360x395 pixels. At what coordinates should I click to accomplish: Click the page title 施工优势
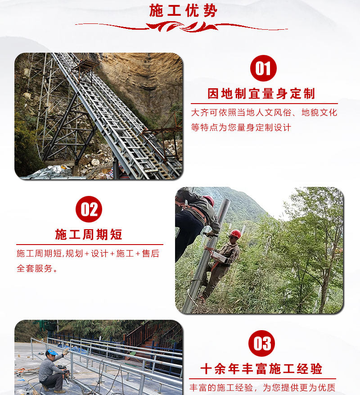point(183,10)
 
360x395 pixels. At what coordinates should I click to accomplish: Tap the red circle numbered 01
point(263,68)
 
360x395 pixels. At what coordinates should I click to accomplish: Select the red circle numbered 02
point(89,209)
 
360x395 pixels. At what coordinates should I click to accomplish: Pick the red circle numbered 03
point(261,343)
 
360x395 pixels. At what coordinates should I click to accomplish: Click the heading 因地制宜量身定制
point(261,94)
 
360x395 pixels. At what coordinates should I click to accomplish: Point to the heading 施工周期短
point(89,235)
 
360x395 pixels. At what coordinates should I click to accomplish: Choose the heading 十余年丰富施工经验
point(261,369)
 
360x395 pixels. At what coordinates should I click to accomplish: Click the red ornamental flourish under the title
point(182,27)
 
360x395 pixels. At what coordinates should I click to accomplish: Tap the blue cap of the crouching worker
point(53,352)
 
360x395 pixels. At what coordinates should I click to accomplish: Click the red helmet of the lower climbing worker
point(236,233)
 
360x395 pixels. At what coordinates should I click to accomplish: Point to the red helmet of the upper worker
point(209,200)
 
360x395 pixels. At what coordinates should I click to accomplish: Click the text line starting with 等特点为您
point(241,127)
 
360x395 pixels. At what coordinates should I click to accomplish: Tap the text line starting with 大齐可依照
point(264,113)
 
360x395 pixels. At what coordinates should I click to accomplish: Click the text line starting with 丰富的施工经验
point(262,387)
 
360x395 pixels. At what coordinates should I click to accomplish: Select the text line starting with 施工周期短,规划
point(88,254)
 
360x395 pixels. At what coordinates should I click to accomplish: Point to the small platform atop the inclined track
point(85,66)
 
